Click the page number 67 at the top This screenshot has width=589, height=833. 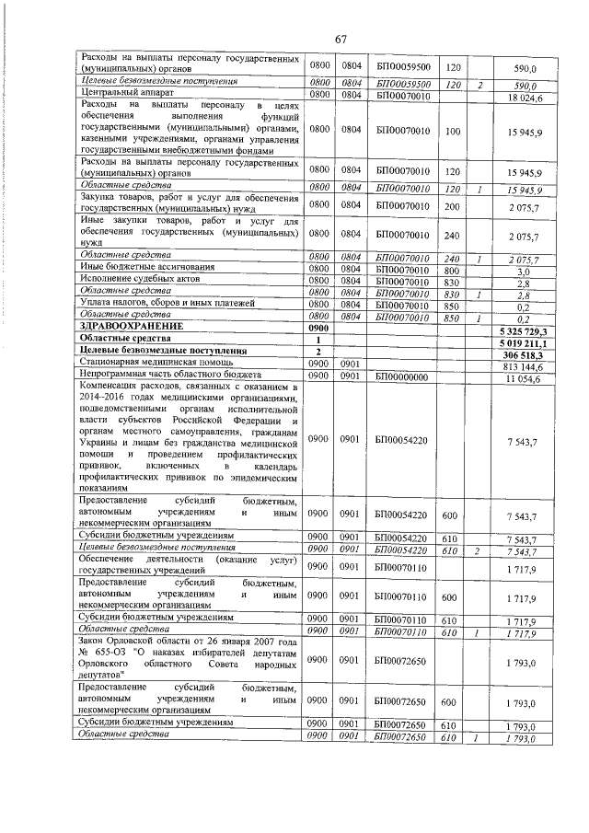(x=340, y=39)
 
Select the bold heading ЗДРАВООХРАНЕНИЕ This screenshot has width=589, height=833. (x=125, y=327)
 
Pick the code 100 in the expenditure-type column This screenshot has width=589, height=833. (x=452, y=132)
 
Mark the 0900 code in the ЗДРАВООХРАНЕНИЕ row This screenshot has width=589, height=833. (x=319, y=327)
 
